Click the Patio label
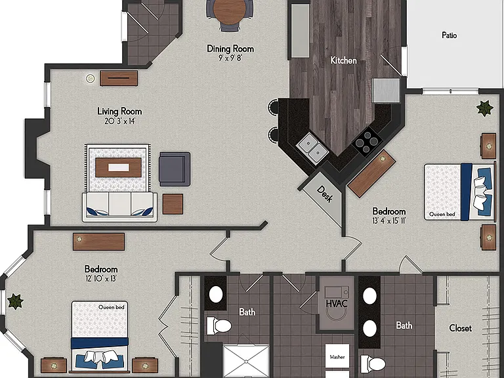point(450,35)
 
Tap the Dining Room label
point(230,49)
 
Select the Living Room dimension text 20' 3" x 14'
point(119,121)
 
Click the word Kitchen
point(344,60)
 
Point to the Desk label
point(324,194)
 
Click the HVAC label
point(337,303)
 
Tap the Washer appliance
point(337,356)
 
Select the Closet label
point(460,328)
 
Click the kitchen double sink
point(312,148)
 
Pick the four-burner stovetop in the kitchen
point(367,142)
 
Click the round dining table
point(230,12)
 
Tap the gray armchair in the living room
point(175,169)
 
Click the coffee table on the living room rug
point(119,167)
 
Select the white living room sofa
point(119,207)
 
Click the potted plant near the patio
point(485,108)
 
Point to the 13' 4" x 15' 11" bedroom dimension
point(389,220)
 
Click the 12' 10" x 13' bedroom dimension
point(101,278)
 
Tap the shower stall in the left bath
point(246,361)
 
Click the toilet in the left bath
point(219,325)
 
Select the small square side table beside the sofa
point(173,204)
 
